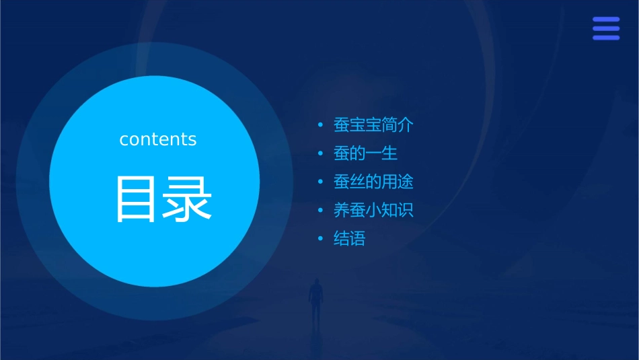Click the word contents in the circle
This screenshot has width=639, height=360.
pos(158,139)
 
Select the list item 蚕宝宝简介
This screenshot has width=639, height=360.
pos(373,125)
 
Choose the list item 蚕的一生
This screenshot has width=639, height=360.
pos(365,153)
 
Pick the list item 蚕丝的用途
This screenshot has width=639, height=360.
pos(373,182)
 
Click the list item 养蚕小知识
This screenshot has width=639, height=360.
pos(373,210)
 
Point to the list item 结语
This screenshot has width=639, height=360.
pos(349,238)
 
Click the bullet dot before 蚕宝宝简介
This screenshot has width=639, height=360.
pos(321,125)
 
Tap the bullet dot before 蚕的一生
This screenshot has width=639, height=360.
pos(321,153)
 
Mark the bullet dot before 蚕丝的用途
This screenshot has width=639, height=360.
pos(321,182)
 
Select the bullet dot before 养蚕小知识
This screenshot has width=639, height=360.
pos(321,210)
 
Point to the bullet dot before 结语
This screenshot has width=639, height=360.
pos(321,238)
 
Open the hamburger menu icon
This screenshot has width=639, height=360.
pos(606,28)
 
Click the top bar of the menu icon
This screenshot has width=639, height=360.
pos(606,20)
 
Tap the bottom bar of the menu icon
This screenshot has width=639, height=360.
pos(606,38)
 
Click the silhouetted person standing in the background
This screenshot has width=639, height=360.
pos(315,299)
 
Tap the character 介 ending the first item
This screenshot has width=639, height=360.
pos(406,125)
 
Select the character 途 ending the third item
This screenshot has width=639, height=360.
pos(406,182)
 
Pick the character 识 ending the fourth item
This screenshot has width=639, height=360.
pos(406,210)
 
